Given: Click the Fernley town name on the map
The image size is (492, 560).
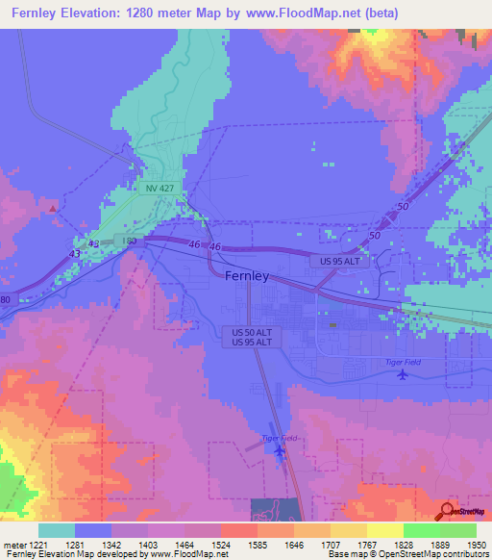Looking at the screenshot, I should (x=253, y=276).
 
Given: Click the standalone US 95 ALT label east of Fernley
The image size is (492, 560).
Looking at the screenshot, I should (x=333, y=262).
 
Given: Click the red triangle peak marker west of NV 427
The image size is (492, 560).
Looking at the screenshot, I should (x=52, y=207).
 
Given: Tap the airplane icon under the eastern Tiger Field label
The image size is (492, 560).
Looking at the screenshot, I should (x=400, y=374).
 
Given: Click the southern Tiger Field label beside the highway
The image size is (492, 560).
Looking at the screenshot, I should (x=282, y=438).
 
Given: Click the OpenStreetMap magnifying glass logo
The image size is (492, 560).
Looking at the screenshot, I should (x=447, y=511).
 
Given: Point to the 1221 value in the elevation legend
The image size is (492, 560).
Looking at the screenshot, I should (x=37, y=546).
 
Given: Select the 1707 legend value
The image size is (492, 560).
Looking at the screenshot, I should (x=310, y=546).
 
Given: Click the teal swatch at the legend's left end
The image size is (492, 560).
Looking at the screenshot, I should (x=57, y=530).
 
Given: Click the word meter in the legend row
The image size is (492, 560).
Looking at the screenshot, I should (x=13, y=546).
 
